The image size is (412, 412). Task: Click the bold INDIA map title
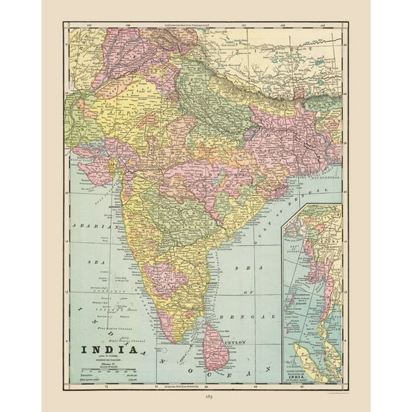(106, 350)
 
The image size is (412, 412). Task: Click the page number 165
(206, 395)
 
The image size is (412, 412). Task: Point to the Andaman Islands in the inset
(299, 286)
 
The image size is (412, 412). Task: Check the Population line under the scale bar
(100, 374)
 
